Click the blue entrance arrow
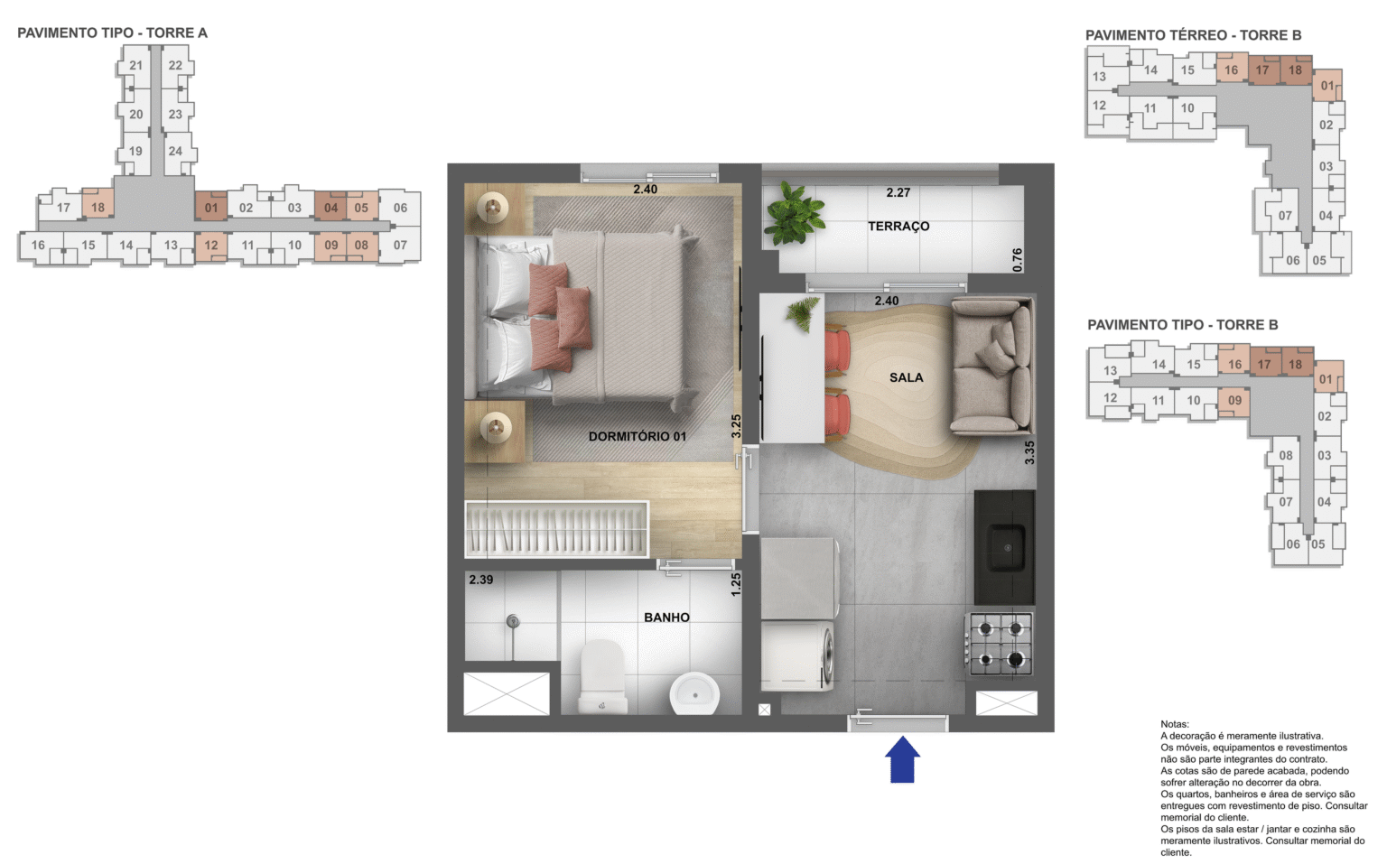(x=902, y=760)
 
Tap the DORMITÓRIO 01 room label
(x=637, y=436)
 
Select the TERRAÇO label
(x=898, y=227)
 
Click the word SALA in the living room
(x=906, y=377)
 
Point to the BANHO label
(x=666, y=618)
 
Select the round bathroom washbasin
(x=694, y=693)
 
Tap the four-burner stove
(x=1000, y=644)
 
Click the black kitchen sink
(x=1004, y=547)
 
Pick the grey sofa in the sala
(x=992, y=367)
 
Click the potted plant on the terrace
(x=793, y=214)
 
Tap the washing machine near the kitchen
(x=798, y=655)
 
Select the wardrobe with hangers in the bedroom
(x=556, y=529)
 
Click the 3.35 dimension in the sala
(x=1029, y=452)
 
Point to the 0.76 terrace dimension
(x=1018, y=260)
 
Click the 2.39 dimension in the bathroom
(x=481, y=580)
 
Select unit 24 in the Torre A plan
(x=175, y=151)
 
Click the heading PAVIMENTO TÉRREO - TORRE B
(x=1193, y=35)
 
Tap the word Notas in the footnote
(x=1175, y=724)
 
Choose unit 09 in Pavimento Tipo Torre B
(x=1234, y=400)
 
